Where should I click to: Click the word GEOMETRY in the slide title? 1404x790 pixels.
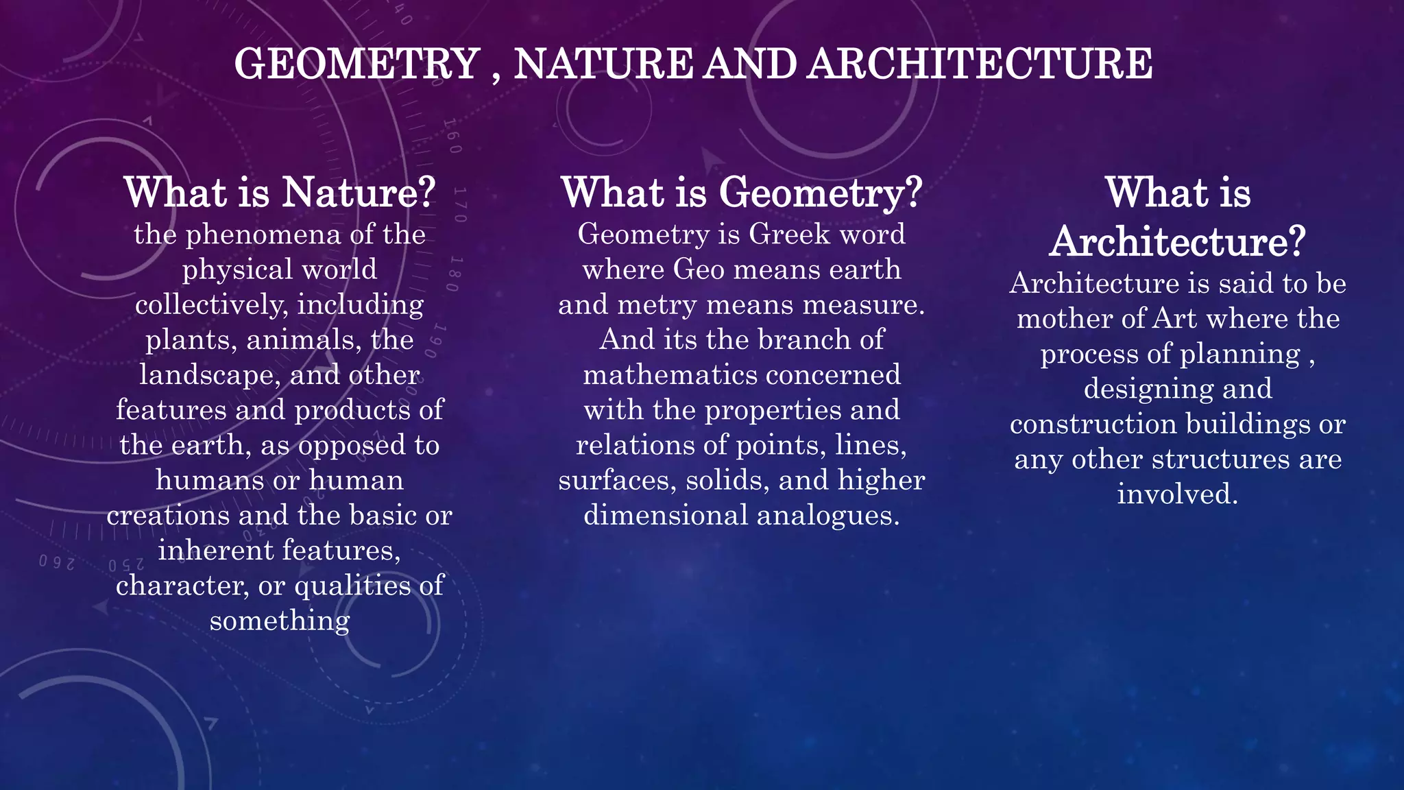[x=356, y=64]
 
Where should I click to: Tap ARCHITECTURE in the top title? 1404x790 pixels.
[x=980, y=64]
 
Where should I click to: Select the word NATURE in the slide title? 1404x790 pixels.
[x=603, y=64]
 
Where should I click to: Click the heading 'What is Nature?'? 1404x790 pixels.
[x=280, y=193]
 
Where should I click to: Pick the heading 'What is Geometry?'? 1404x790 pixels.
[x=742, y=193]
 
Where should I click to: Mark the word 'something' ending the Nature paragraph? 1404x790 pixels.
[x=280, y=621]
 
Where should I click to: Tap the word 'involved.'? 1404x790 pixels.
[x=1178, y=494]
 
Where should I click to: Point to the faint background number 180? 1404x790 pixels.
[x=458, y=274]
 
